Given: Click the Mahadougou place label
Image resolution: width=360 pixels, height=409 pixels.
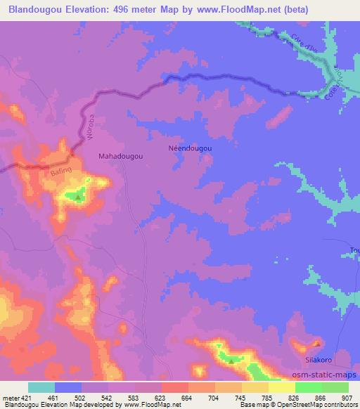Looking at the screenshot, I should coord(121,157).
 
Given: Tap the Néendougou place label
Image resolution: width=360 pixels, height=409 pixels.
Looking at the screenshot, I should coord(190,148).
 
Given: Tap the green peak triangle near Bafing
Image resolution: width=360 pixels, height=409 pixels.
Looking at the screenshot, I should coord(77,197).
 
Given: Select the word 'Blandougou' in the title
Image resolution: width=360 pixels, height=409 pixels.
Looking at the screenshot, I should coord(32,9).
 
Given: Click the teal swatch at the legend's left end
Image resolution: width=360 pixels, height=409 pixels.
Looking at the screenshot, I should coord(41,388).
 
